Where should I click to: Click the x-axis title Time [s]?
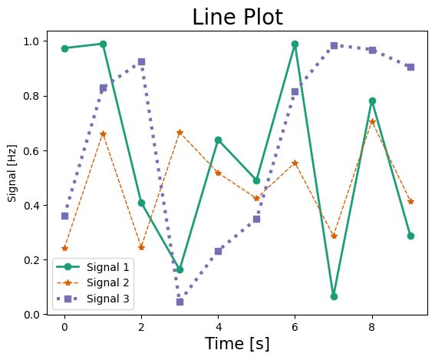(x=237, y=344)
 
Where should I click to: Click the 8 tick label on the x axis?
(x=372, y=325)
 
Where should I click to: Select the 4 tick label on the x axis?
(x=218, y=325)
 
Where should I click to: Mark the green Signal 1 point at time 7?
(x=334, y=296)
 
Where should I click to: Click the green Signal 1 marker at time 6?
(x=295, y=44)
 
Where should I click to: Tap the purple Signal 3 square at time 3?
(x=180, y=302)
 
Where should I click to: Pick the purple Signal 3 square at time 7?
(x=334, y=45)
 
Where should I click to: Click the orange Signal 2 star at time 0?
(x=64, y=248)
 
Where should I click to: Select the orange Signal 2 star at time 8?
(x=372, y=121)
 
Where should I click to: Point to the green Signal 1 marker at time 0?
(x=64, y=48)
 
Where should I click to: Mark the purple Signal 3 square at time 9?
(x=410, y=67)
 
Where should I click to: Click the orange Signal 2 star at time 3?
(x=180, y=132)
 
